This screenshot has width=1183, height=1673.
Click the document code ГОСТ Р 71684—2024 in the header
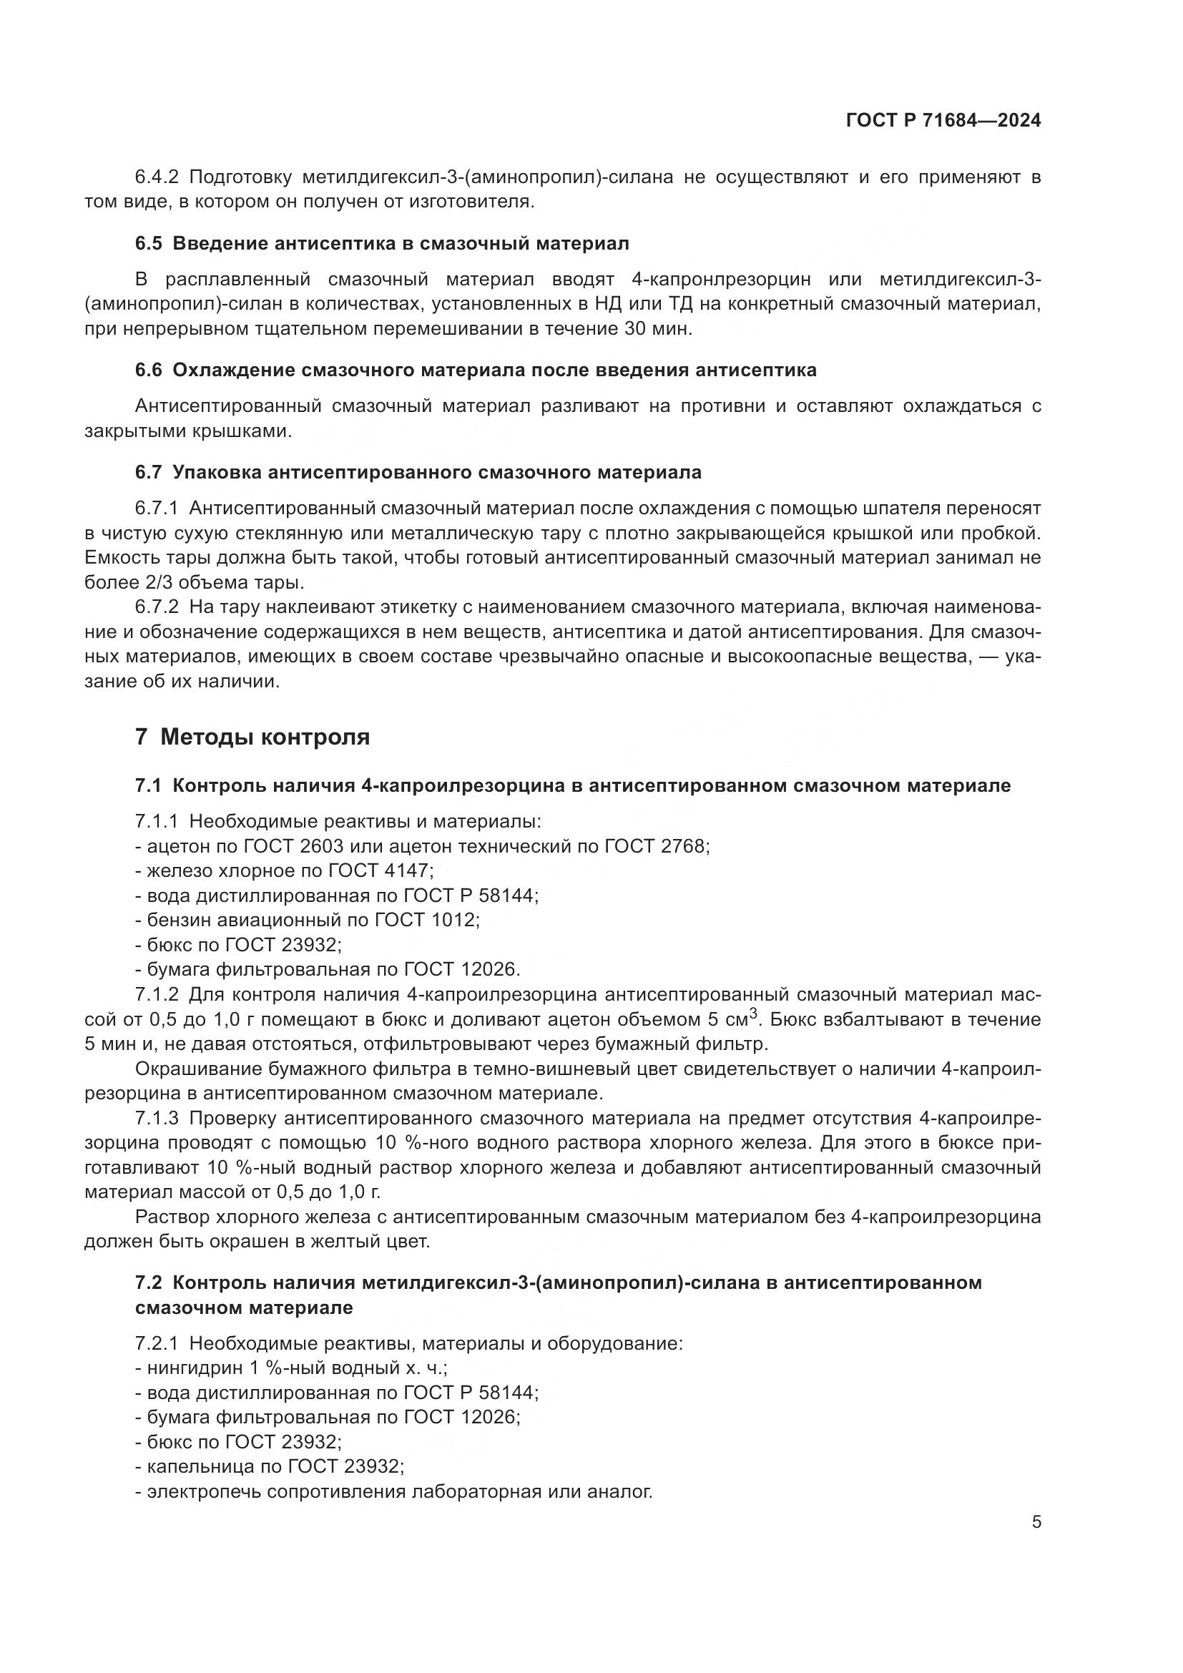[943, 121]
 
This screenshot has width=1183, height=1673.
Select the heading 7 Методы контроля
[252, 737]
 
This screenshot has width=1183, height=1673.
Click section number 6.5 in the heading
[149, 243]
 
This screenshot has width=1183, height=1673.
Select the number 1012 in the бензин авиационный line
[456, 920]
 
